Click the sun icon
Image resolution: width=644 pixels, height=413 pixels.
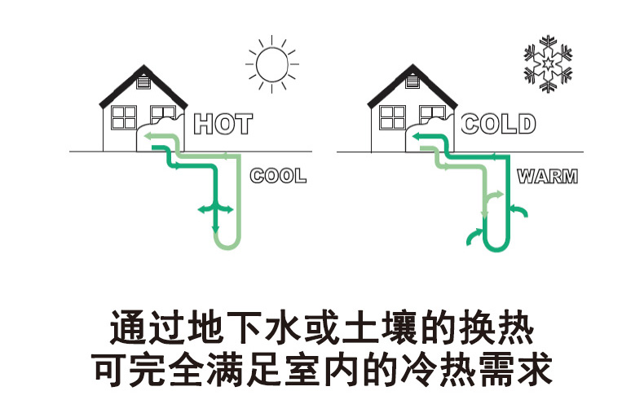(272, 64)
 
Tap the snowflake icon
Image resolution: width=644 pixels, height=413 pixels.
(548, 64)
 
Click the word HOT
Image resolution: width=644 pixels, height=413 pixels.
(223, 124)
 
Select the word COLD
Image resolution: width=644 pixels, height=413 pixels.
(498, 124)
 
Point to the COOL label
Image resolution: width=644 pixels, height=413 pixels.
(278, 176)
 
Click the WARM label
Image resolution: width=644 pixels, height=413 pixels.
(548, 177)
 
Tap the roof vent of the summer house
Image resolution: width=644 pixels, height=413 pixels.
(143, 82)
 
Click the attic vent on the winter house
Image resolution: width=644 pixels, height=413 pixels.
(412, 81)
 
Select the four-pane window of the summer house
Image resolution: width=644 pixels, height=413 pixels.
(124, 117)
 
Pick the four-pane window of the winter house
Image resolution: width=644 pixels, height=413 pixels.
(393, 117)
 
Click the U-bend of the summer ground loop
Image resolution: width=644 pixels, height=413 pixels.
(227, 244)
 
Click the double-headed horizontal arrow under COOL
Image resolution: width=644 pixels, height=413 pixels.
(215, 210)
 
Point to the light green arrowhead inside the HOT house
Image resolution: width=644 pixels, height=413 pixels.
(148, 136)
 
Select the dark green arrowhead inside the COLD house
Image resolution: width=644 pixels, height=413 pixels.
(417, 136)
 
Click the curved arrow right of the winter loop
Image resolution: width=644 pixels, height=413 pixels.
(520, 209)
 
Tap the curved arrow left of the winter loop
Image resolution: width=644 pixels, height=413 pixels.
(474, 235)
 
